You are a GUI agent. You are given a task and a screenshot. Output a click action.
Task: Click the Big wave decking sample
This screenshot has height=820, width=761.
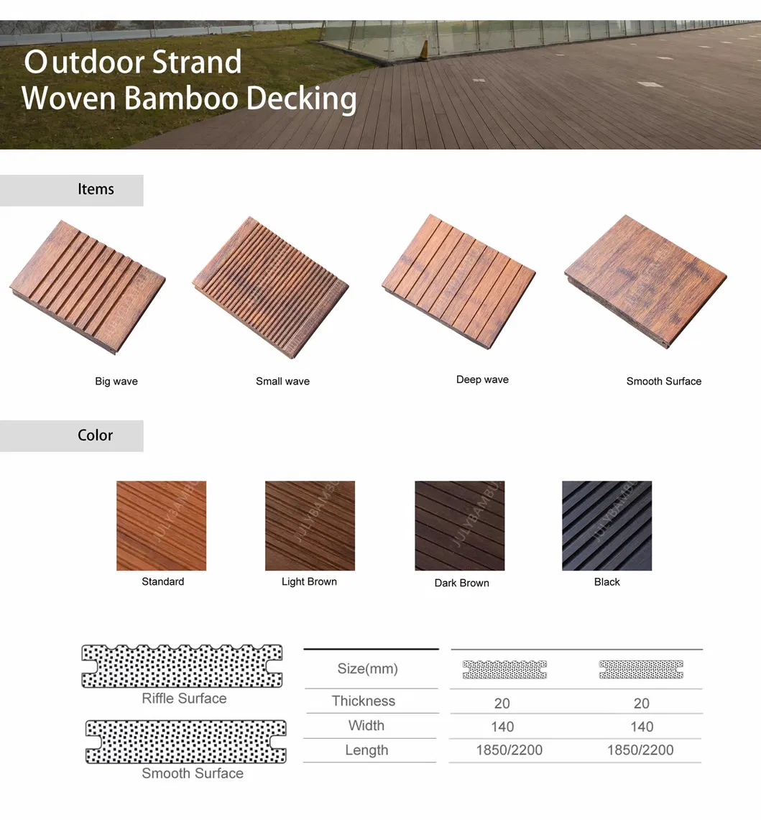pos(88,287)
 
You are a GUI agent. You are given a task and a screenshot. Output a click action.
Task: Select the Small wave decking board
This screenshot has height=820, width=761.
pos(270,287)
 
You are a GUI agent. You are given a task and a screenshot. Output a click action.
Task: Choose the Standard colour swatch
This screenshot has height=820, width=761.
pos(161,525)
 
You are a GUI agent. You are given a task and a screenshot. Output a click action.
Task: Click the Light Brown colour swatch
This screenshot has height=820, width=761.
pos(310,525)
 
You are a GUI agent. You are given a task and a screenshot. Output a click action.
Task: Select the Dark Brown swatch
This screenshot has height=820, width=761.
pos(460,525)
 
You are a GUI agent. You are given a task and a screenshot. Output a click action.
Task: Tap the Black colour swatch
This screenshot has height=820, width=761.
pos(607,525)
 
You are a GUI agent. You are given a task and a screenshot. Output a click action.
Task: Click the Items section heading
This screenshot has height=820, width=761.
pos(96,189)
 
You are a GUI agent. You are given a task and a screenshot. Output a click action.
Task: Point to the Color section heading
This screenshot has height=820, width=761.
pos(95,435)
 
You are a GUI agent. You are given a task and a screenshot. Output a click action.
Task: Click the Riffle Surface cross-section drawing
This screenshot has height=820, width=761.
pos(182,665)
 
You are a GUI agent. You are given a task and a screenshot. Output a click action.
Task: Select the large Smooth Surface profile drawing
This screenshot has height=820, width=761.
pos(185,742)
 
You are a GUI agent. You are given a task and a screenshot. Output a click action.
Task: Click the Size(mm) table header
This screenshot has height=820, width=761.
pos(368,668)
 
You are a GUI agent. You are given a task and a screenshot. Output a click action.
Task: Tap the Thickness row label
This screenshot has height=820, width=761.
pos(364,701)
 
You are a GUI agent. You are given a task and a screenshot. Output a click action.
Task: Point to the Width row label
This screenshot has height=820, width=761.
pos(366,725)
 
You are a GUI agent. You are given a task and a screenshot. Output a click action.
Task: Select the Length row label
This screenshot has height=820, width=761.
pos(366,750)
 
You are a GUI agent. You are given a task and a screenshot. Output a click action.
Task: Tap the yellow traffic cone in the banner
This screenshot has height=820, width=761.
pos(425,49)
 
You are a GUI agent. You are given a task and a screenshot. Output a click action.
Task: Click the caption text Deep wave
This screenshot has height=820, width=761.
pos(482,379)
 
